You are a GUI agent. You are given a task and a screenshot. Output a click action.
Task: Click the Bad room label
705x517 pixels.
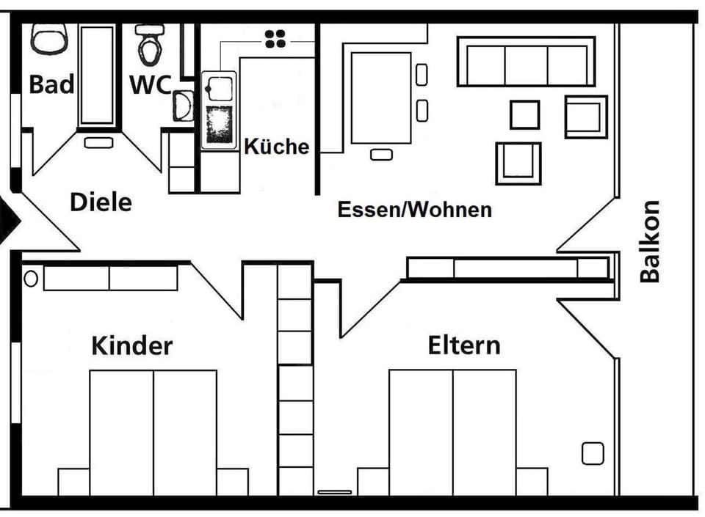pos(51,84)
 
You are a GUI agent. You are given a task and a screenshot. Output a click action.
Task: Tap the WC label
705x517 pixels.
pos(151,84)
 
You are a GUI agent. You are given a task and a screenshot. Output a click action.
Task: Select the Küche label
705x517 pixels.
pos(277,147)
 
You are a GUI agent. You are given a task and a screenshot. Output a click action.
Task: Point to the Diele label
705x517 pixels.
pos(101,202)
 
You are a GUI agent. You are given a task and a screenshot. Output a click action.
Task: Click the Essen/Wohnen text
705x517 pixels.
pos(414,210)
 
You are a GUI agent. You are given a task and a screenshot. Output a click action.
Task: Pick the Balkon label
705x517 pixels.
pos(650,241)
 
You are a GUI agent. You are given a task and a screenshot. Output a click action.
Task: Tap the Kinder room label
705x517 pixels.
pos(131,345)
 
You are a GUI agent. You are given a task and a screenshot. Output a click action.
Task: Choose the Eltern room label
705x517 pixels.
pos(464,345)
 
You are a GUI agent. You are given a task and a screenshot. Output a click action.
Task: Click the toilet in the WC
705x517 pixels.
pos(150,44)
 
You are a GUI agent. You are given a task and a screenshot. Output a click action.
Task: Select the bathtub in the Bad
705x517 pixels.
pos(97,75)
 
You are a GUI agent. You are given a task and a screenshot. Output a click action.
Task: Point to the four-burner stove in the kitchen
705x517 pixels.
pos(275,39)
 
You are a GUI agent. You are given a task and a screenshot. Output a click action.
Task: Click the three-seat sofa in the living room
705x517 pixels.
pos(526,62)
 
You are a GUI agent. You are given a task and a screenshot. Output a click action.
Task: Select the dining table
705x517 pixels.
pos(381,98)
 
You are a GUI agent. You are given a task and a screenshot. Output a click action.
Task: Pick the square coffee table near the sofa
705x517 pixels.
pos(524,115)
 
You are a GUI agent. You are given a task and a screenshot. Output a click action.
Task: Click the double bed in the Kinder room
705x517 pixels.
pos(153,433)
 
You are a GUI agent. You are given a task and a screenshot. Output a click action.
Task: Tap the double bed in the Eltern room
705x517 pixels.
pos(452,433)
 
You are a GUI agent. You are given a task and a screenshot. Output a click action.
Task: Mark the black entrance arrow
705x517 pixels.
pos(8,220)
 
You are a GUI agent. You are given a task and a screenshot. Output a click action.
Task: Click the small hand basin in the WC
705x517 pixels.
pos(183,106)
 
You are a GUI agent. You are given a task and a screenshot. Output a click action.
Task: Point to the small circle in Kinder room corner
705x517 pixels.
pos(31,279)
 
